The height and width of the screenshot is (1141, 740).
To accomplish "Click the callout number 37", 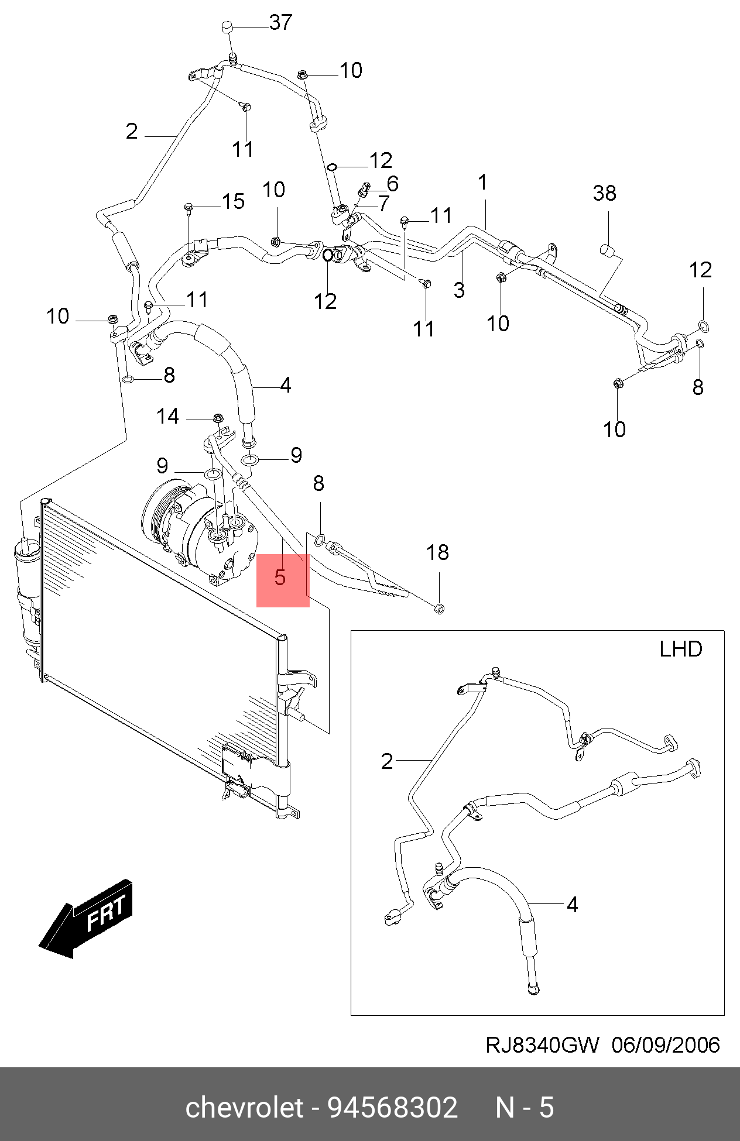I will (280, 23).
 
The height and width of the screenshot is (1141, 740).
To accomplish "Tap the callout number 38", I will (604, 193).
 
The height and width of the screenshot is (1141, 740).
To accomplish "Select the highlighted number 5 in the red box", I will (280, 578).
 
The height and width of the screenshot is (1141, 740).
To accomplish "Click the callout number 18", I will (437, 552).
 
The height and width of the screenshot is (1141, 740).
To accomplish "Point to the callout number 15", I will (233, 201).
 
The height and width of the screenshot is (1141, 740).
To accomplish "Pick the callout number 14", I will (167, 417).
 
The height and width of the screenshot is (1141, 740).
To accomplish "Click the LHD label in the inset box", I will (680, 649).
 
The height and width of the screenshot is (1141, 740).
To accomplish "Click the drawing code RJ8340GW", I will (542, 1045).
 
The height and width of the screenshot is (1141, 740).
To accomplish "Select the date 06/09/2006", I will (666, 1045).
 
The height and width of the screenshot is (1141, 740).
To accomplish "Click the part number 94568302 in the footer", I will (392, 1108).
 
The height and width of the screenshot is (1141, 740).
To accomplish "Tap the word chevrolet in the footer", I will (245, 1108).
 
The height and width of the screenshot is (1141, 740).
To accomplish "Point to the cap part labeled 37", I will (228, 28).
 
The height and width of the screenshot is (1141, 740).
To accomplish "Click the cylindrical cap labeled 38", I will (608, 250).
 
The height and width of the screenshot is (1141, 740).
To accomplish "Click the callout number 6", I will (392, 184).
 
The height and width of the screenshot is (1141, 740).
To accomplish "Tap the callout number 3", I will (459, 290).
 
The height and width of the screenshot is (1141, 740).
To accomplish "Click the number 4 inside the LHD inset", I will (572, 905).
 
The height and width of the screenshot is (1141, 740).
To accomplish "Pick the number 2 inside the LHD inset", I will (387, 761).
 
